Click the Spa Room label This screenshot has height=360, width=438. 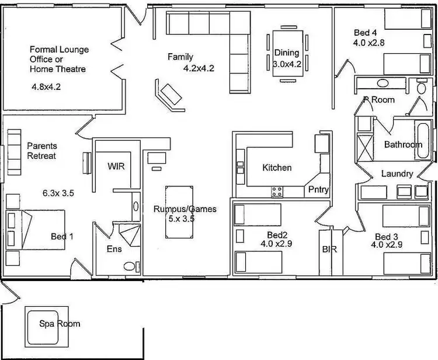(x=60, y=323)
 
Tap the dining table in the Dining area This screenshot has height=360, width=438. (x=287, y=51)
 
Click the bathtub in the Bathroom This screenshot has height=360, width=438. (x=423, y=140)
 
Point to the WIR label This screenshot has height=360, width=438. (x=116, y=166)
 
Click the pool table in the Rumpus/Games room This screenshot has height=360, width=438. (x=179, y=212)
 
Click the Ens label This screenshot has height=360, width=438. (x=114, y=248)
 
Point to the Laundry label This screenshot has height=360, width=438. (x=397, y=174)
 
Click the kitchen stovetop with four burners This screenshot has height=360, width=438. (x=277, y=191)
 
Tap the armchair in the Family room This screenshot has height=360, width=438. (x=169, y=94)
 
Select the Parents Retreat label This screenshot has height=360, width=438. (x=41, y=151)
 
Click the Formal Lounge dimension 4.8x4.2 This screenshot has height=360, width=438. (x=46, y=86)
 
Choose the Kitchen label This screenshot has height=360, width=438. (x=277, y=168)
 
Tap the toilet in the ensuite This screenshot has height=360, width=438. (x=130, y=266)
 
